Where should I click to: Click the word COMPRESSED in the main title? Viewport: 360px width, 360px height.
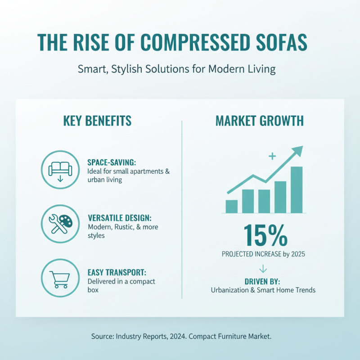(x=197, y=42)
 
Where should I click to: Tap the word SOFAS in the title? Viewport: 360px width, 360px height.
(x=283, y=42)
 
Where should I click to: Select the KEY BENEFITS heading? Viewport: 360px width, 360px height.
(x=98, y=121)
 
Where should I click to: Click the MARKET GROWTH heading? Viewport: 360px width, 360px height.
(x=259, y=121)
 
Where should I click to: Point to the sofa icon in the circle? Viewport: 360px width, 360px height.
(x=60, y=169)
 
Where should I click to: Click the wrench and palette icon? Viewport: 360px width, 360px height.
(x=60, y=222)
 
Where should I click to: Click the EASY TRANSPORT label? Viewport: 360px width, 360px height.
(x=117, y=273)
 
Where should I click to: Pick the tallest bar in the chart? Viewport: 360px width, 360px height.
(x=297, y=189)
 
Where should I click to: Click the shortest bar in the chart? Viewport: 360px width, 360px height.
(x=231, y=206)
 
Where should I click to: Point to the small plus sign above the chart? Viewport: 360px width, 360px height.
(x=271, y=156)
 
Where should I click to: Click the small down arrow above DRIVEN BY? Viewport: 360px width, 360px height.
(x=263, y=269)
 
